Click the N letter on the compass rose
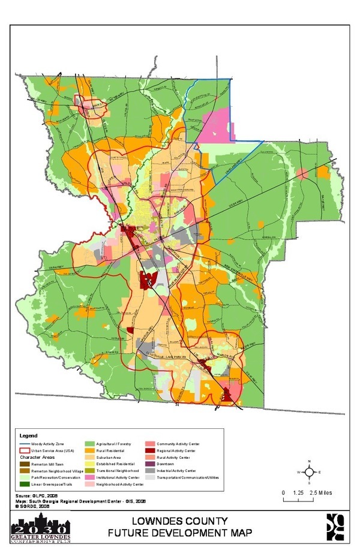point(308,461)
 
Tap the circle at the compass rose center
point(308,472)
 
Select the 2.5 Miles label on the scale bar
point(318,492)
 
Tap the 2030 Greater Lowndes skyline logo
point(40,528)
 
